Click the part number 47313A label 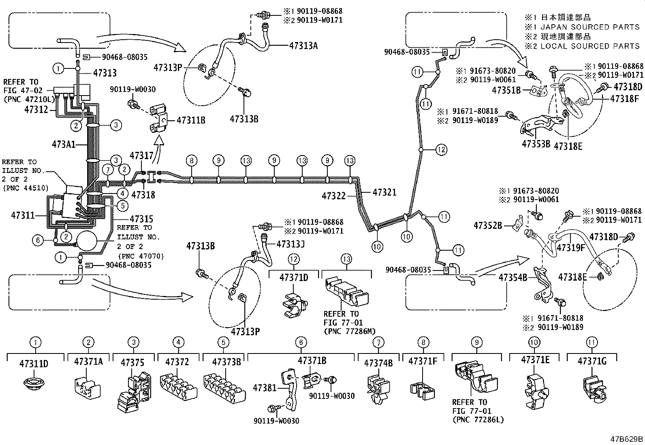303,46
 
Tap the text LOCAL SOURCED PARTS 590,46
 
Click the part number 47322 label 333,196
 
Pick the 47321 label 384,192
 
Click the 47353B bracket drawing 537,125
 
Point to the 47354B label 513,277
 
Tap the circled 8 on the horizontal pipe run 192,161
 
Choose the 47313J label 290,244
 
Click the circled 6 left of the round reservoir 37,241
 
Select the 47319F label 570,247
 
